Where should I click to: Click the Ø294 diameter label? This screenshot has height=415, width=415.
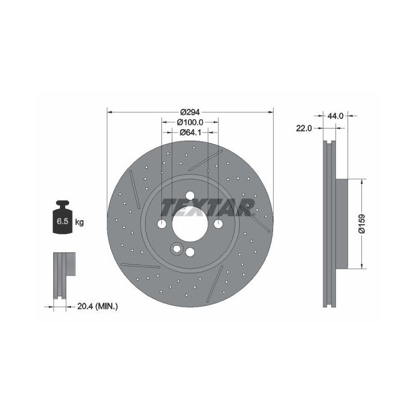pyautogui.click(x=190, y=112)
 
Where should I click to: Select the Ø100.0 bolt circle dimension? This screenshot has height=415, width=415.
pyautogui.click(x=190, y=122)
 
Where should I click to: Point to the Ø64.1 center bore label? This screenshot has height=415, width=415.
pyautogui.click(x=190, y=132)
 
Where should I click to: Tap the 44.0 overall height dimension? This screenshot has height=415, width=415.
pyautogui.click(x=335, y=116)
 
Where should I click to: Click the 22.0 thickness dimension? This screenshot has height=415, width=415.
pyautogui.click(x=304, y=129)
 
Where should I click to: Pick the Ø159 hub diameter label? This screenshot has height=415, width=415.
pyautogui.click(x=362, y=224)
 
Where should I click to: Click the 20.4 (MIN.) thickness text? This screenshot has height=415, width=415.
pyautogui.click(x=97, y=307)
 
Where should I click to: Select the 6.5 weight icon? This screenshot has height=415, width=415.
pyautogui.click(x=63, y=217)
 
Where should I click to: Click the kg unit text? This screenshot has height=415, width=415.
pyautogui.click(x=80, y=222)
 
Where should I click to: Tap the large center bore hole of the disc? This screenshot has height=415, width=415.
pyautogui.click(x=190, y=224)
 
